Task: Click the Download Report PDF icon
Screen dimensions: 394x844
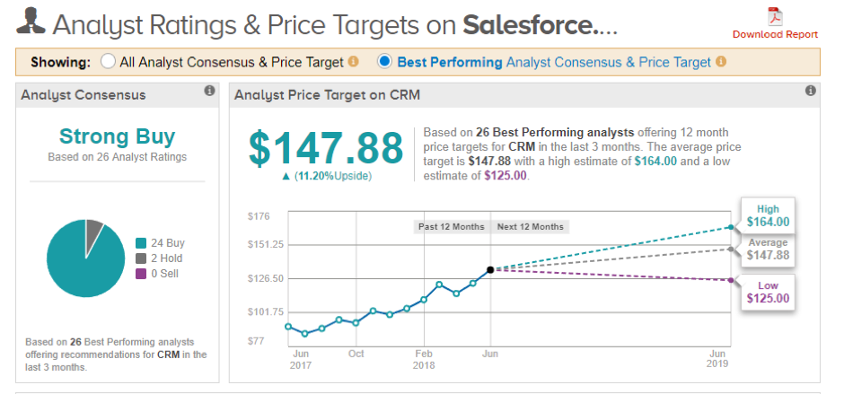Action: [x=774, y=17]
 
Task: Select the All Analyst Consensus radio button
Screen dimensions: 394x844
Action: [x=109, y=62]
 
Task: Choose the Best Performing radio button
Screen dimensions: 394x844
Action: [x=385, y=62]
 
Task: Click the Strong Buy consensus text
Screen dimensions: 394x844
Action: [x=117, y=136]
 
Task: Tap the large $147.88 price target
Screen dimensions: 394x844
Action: [x=326, y=148]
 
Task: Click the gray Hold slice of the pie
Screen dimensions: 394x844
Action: [x=93, y=234]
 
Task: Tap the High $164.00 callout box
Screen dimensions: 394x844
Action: [x=768, y=215]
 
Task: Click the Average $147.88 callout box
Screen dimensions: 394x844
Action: [x=768, y=249]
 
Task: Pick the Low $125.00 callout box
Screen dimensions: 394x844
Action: [x=768, y=292]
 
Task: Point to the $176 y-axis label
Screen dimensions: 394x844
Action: [x=258, y=215]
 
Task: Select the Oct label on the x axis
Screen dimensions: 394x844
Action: [x=356, y=354]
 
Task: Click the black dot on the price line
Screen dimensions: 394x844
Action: [x=489, y=269]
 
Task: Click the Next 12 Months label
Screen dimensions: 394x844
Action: [x=531, y=226]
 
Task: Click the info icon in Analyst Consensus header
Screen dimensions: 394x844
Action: [x=209, y=92]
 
